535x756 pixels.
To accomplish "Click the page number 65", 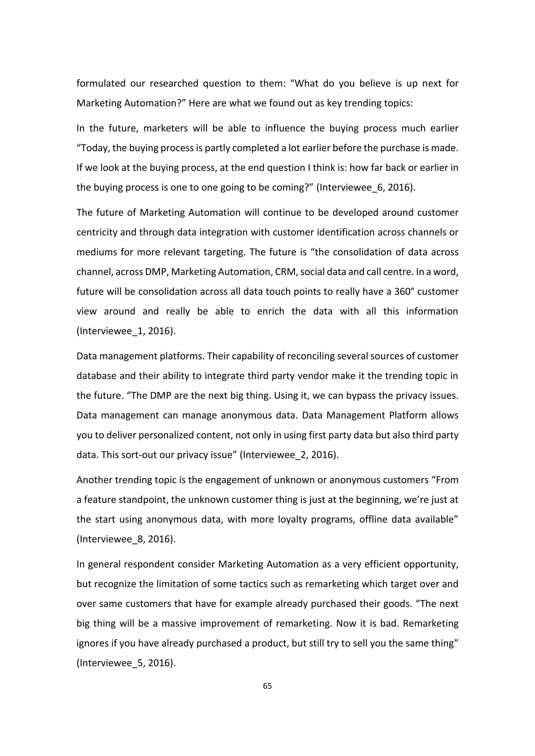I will (x=267, y=686).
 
